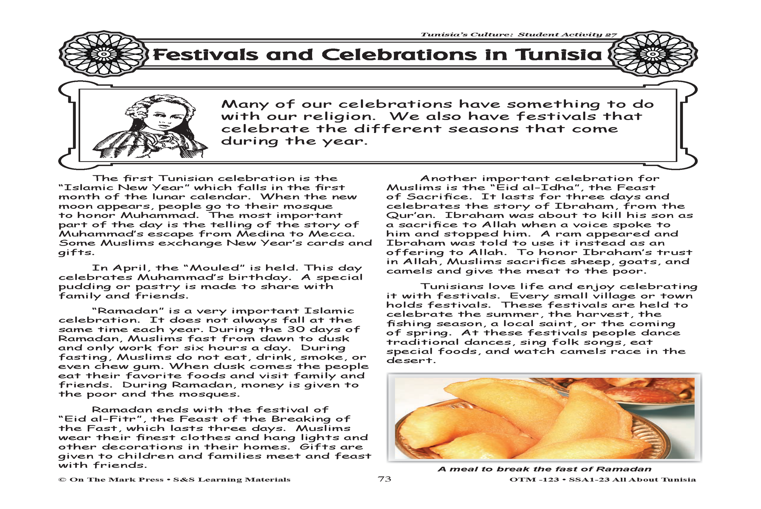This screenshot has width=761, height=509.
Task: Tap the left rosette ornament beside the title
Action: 104,55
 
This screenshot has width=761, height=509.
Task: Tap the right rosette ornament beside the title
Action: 652,55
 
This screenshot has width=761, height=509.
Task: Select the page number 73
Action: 384,479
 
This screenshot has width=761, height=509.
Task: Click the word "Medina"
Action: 257,234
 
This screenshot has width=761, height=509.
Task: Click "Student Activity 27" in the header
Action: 567,35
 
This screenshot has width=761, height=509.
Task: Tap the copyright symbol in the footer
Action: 62,479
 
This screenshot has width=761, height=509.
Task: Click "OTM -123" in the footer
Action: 534,479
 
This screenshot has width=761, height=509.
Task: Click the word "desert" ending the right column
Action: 409,360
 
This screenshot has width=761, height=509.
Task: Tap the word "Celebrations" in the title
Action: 399,55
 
